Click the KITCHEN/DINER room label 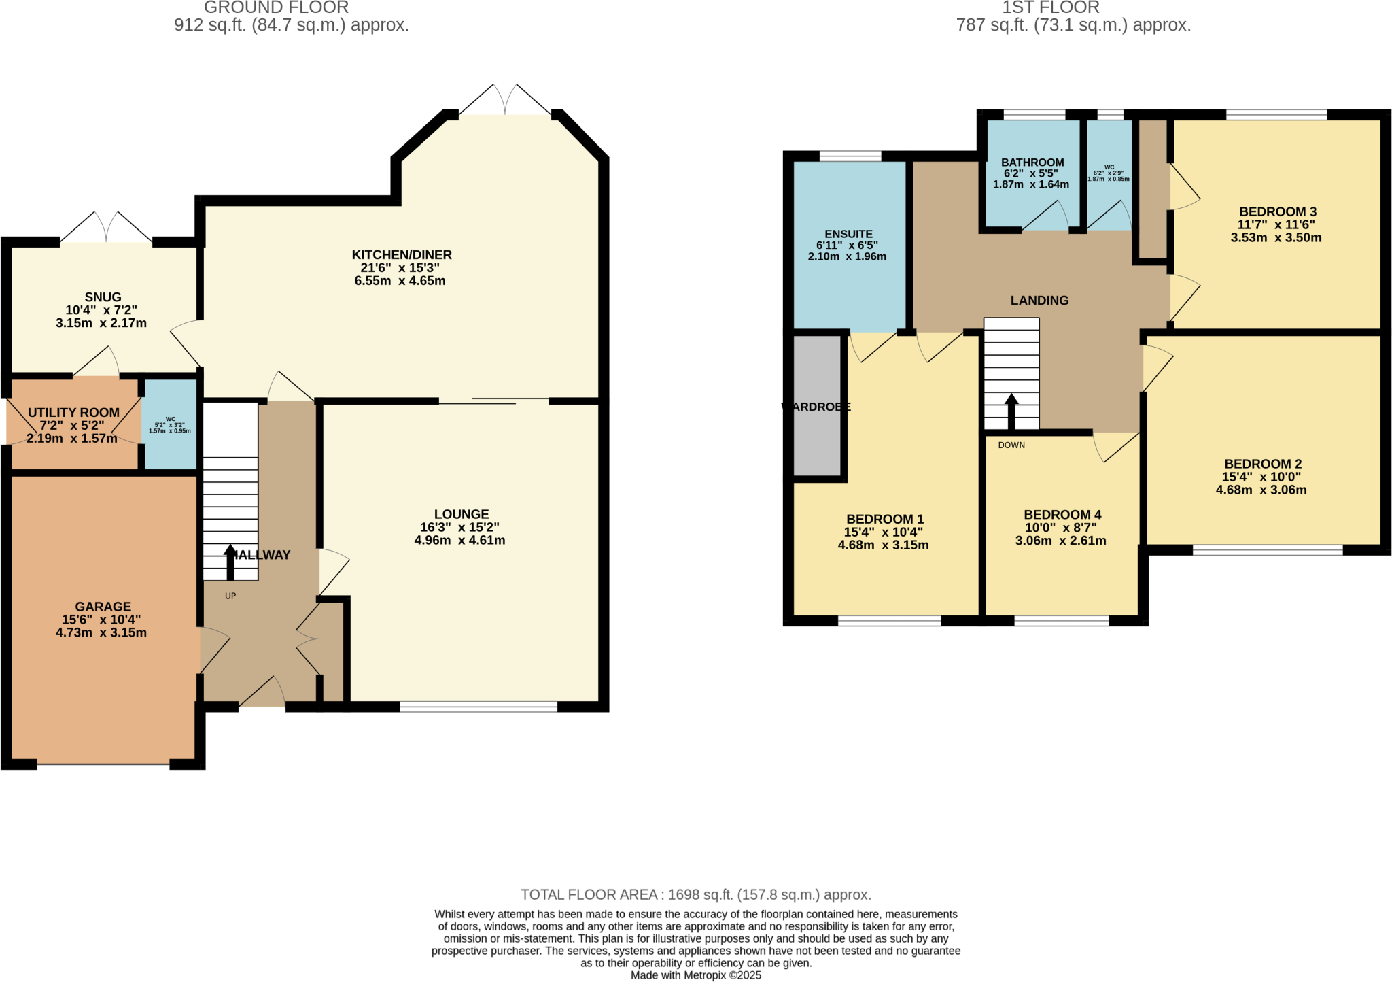(x=401, y=255)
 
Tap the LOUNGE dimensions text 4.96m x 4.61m (x=459, y=541)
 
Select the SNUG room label (x=103, y=297)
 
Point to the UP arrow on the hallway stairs (x=230, y=560)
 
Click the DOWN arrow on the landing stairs (x=1011, y=411)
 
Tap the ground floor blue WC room (x=170, y=425)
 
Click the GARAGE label (x=103, y=607)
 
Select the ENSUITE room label (x=848, y=234)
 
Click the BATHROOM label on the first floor (x=1032, y=163)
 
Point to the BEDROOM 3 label (x=1277, y=211)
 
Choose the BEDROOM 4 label (x=1062, y=515)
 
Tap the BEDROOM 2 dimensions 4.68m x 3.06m (x=1261, y=490)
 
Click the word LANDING (x=1039, y=301)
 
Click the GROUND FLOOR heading (x=276, y=8)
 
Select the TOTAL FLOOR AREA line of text (x=695, y=895)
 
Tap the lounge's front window (x=478, y=707)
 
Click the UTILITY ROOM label (x=73, y=413)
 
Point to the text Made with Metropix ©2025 (x=695, y=975)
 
